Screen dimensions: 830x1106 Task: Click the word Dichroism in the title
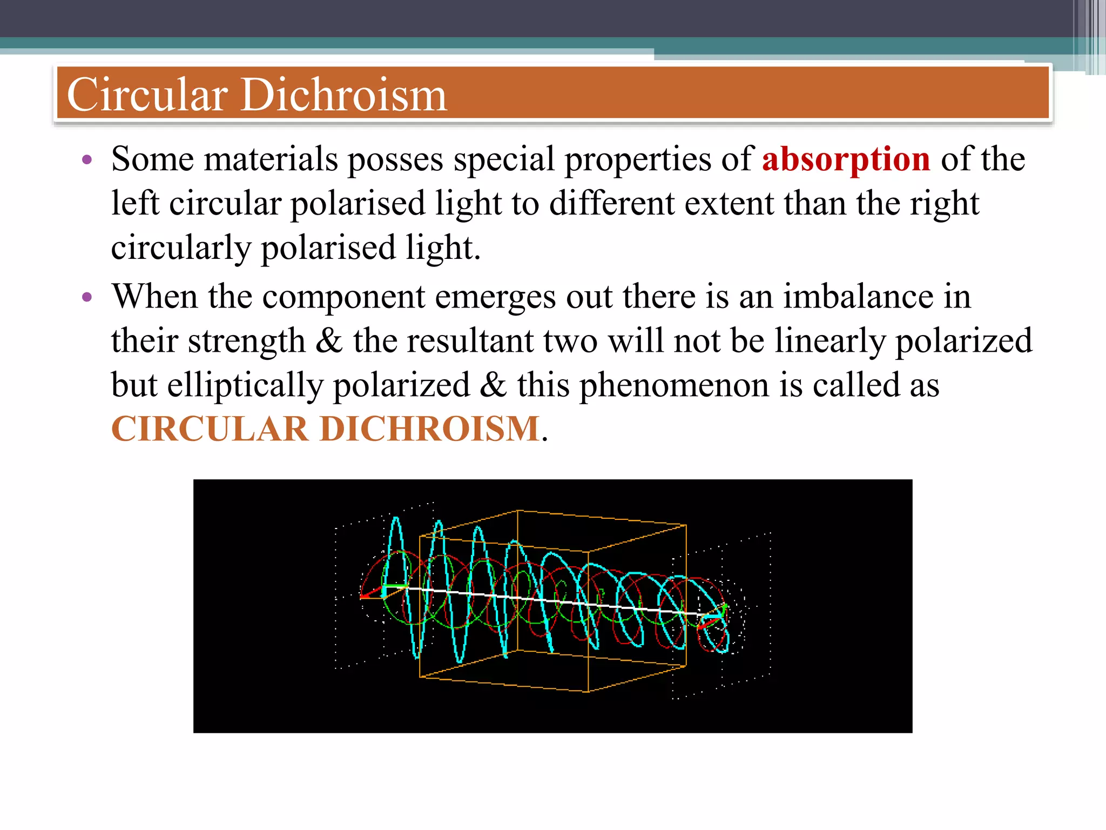click(343, 95)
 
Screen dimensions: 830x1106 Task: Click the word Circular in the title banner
click(147, 95)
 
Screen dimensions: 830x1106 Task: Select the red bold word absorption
click(846, 159)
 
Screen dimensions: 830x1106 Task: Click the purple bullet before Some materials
click(87, 159)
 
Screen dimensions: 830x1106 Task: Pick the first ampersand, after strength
click(329, 341)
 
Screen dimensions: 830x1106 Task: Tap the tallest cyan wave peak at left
click(396, 520)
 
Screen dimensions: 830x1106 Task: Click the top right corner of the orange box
click(686, 525)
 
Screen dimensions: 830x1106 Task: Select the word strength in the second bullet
click(246, 341)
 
